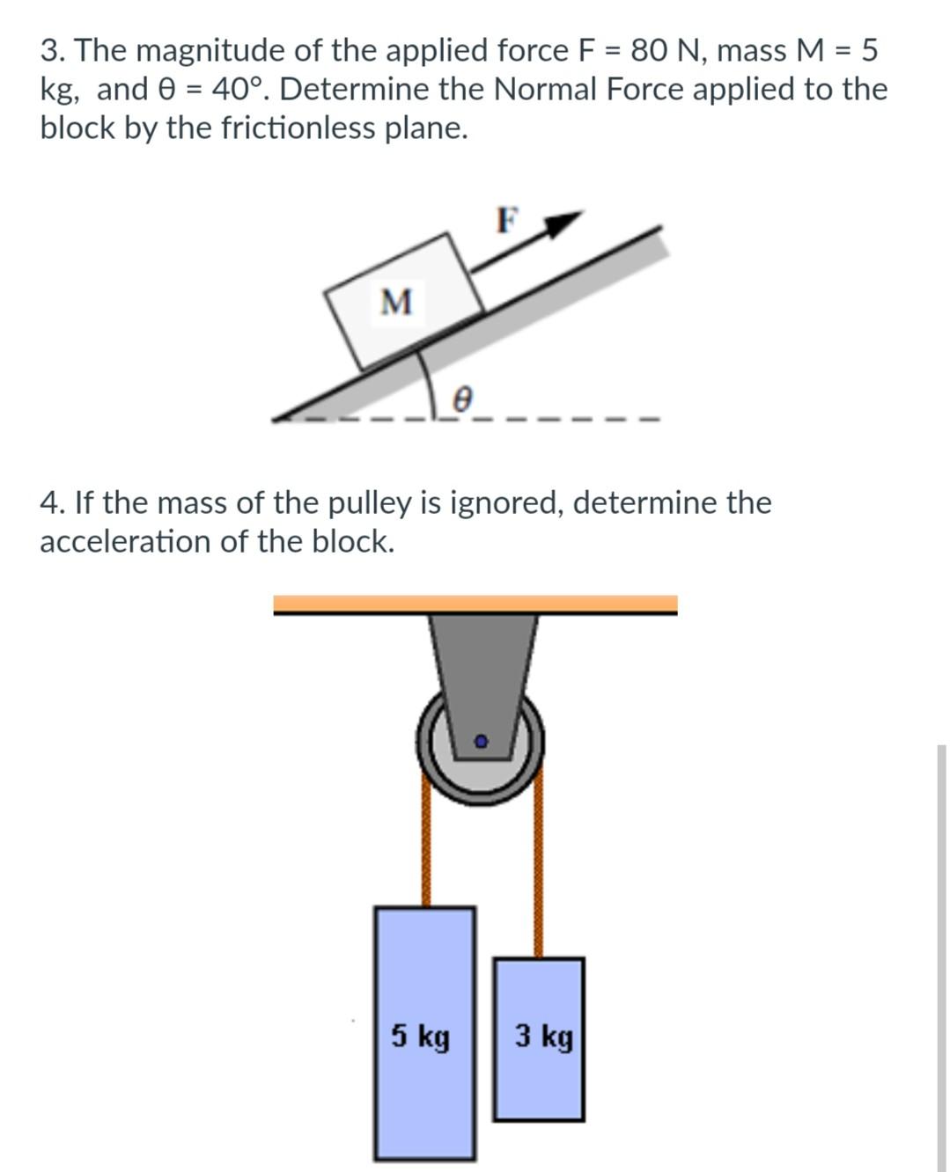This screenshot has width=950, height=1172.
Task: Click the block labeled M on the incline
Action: click(403, 301)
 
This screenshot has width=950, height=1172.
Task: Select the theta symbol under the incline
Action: click(462, 400)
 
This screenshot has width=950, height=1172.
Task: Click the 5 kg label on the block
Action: click(421, 1036)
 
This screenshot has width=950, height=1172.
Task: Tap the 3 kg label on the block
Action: click(543, 1036)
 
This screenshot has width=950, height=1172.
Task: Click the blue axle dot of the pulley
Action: click(481, 742)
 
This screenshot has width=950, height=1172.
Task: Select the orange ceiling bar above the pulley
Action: click(475, 604)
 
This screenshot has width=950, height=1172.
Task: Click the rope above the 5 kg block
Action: click(426, 845)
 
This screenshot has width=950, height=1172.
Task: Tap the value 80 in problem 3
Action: click(648, 51)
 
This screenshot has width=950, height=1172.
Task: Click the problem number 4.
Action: click(49, 503)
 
